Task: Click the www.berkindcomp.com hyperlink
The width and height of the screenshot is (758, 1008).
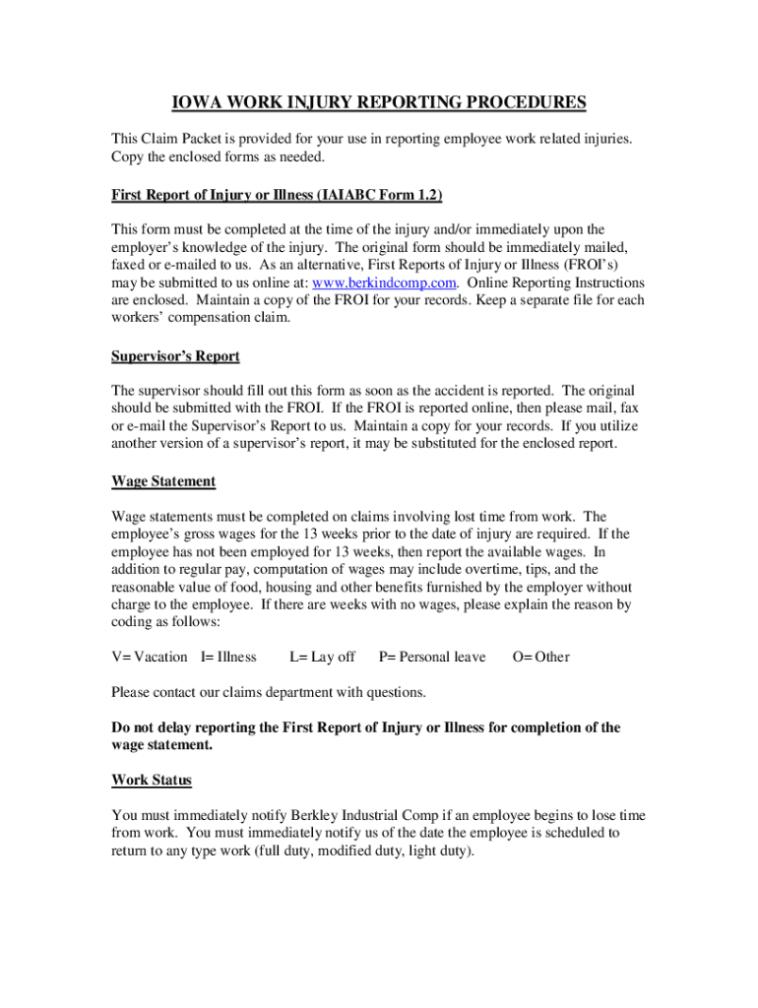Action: tap(383, 283)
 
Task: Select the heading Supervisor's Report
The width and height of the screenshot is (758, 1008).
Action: tap(175, 355)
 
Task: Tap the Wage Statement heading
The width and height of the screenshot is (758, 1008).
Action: tap(163, 481)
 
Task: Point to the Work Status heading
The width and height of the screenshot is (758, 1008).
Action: tap(152, 780)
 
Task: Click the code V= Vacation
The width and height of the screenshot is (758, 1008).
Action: tap(150, 657)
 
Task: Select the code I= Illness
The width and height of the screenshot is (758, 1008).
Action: tap(228, 657)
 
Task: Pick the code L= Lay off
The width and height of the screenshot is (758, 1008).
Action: tap(322, 657)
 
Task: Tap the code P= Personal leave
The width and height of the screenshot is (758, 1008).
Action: tap(432, 657)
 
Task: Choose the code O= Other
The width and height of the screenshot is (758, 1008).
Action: tap(540, 657)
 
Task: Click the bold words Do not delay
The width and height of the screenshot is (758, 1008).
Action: tap(156, 727)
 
